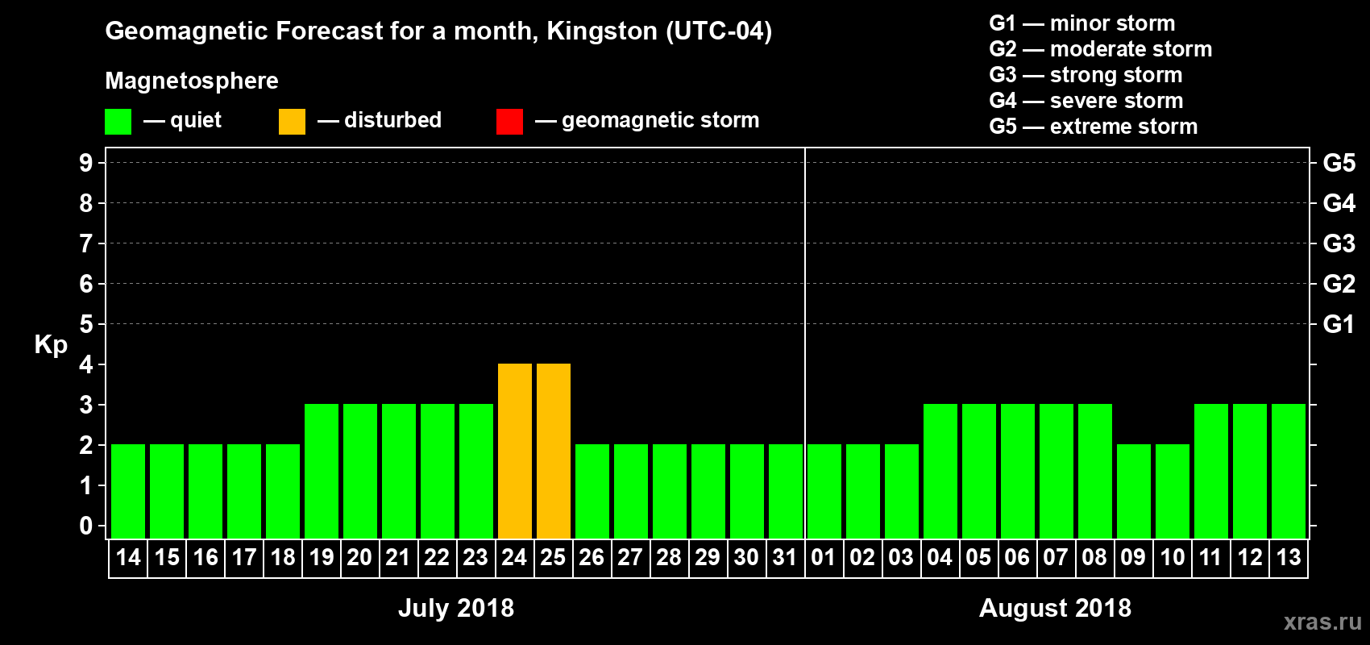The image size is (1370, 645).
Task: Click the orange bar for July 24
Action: (x=515, y=451)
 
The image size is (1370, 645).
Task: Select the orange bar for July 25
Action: (x=554, y=451)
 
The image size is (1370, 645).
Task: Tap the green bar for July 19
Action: (x=322, y=471)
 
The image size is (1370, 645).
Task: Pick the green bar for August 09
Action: (x=1134, y=491)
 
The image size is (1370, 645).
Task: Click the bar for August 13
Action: (x=1289, y=471)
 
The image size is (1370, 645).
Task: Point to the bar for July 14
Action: (x=128, y=491)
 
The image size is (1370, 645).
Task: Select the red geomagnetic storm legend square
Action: (x=509, y=122)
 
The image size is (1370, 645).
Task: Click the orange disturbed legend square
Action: (x=292, y=122)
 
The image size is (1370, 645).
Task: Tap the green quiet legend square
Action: (x=118, y=122)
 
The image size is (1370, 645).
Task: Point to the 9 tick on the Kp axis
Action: (x=86, y=163)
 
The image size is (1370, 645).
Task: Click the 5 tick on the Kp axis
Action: (x=86, y=324)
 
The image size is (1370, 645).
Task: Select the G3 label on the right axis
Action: (x=1339, y=243)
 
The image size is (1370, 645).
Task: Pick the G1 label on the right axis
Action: (x=1339, y=324)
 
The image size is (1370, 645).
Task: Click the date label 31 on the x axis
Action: (x=785, y=557)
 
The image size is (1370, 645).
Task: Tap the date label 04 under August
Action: (x=940, y=557)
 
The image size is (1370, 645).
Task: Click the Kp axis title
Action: (x=51, y=345)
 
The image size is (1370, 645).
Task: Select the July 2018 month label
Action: (x=456, y=608)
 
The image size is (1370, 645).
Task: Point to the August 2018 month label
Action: (x=1055, y=608)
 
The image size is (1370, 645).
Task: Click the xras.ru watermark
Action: (x=1322, y=621)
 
